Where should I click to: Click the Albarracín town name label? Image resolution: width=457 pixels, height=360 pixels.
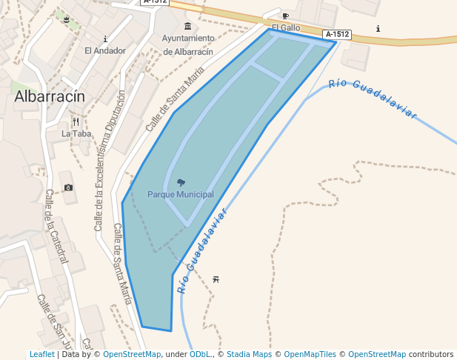pyautogui.click(x=50, y=96)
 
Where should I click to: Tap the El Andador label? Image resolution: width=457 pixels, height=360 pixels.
pyautogui.click(x=105, y=51)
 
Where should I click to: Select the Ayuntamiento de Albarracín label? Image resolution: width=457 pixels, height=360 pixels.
pyautogui.click(x=188, y=45)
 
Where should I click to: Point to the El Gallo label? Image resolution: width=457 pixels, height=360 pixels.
pyautogui.click(x=286, y=27)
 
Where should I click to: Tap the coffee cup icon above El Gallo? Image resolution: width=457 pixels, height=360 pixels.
pyautogui.click(x=286, y=16)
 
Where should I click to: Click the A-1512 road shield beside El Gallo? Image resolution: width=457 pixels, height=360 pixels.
pyautogui.click(x=337, y=34)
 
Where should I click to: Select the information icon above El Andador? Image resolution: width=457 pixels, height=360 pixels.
pyautogui.click(x=105, y=39)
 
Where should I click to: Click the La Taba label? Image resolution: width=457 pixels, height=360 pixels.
pyautogui.click(x=76, y=134)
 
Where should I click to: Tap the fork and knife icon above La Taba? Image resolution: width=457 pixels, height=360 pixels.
pyautogui.click(x=76, y=121)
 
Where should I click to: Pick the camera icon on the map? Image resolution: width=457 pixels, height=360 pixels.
pyautogui.click(x=69, y=187)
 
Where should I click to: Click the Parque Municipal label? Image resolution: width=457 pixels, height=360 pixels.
pyautogui.click(x=181, y=194)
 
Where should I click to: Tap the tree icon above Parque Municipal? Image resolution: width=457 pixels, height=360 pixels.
pyautogui.click(x=181, y=182)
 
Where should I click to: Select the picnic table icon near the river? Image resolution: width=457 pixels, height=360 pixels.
pyautogui.click(x=216, y=279)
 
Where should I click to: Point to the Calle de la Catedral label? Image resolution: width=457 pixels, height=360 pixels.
pyautogui.click(x=56, y=226)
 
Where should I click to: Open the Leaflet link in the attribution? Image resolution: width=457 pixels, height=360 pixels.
pyautogui.click(x=41, y=354)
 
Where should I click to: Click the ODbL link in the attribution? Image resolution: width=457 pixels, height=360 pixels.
pyautogui.click(x=201, y=354)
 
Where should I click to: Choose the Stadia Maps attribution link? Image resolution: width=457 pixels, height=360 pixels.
pyautogui.click(x=249, y=354)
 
